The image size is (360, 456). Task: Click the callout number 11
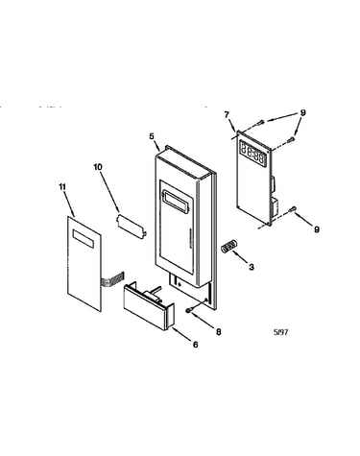coord(62,187)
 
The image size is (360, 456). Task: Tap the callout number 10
coord(98,167)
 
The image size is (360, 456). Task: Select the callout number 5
coord(152,136)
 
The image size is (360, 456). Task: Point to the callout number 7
coord(227,114)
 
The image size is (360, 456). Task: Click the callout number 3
coord(252,267)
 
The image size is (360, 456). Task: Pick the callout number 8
coord(218,332)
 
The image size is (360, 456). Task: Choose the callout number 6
coord(195,345)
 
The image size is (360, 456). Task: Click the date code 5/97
coord(280,332)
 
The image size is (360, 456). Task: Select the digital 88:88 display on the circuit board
coord(253,154)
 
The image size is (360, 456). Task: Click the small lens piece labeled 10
coord(132,227)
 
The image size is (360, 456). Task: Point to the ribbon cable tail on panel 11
coord(112,278)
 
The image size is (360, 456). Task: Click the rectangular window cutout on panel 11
coord(84,239)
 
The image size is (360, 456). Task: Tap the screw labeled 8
coord(189,310)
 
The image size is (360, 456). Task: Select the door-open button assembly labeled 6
coord(149,306)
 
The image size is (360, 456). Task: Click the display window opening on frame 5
coord(178,202)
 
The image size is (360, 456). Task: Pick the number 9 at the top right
coord(302,112)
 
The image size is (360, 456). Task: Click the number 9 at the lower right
coord(317,229)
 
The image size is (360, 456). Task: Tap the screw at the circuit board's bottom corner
coord(292,209)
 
